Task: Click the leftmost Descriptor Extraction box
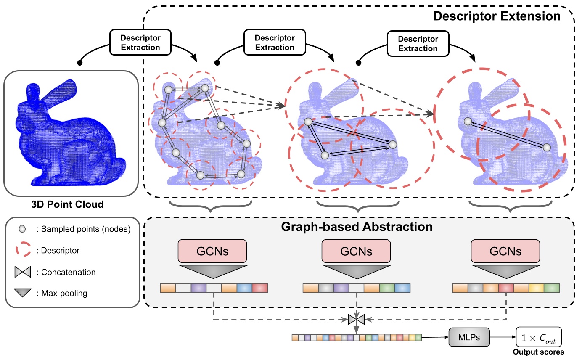pos(140,42)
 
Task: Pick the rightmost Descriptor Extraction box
pos(418,43)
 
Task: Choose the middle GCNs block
pos(356,251)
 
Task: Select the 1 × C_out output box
pos(539,337)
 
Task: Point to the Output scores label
pos(539,352)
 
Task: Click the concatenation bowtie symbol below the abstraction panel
pos(356,320)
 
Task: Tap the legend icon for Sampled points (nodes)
pos(23,229)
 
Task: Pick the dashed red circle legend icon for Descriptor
pos(23,251)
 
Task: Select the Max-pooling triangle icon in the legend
pos(23,293)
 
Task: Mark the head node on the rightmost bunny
pos(467,122)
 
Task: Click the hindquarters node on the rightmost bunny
pos(546,147)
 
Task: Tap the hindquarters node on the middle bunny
pos(392,145)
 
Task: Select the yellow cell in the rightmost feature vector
pos(537,288)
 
